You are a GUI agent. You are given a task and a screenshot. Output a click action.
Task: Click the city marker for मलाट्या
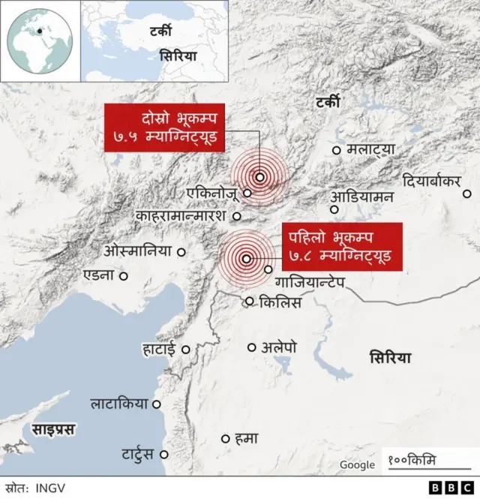[336, 151]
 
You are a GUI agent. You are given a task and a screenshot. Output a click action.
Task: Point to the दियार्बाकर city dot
[466, 194]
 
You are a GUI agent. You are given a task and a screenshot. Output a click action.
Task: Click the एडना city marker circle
[124, 275]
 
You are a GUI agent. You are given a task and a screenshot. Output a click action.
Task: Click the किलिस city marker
[250, 302]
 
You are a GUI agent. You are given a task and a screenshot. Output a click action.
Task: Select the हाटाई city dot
[184, 349]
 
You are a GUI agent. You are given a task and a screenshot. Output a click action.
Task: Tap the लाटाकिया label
[119, 404]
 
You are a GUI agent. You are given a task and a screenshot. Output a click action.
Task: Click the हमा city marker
[225, 438]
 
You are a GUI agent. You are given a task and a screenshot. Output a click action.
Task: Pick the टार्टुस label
[138, 454]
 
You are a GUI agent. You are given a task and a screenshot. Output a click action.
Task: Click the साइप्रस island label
[53, 429]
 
